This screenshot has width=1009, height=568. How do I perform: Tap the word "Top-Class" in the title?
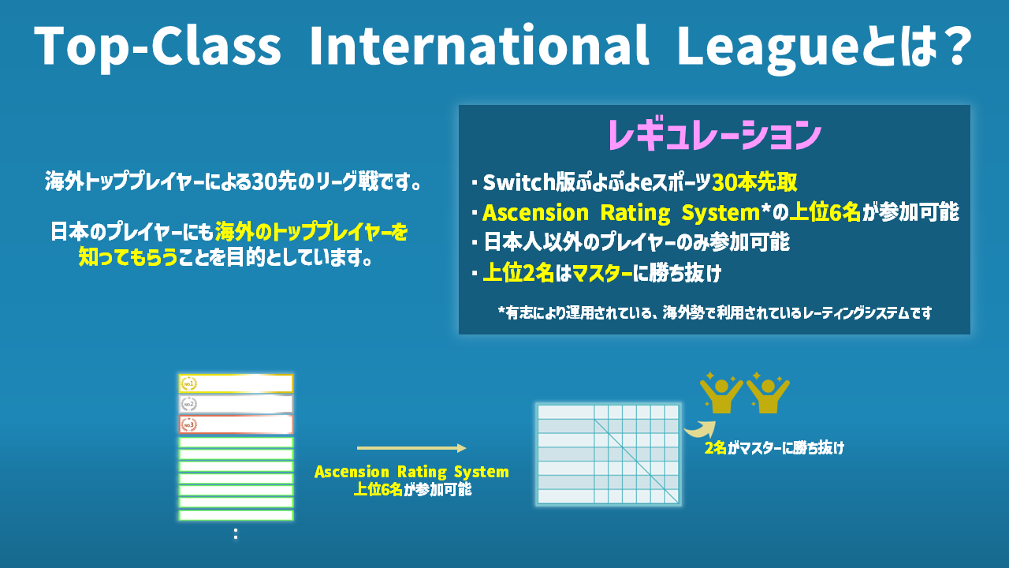coord(158,47)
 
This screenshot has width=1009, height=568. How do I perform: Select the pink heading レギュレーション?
coord(714,134)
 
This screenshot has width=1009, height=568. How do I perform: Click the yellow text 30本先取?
coord(754,182)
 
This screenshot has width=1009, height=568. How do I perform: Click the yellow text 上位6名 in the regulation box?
coord(825,212)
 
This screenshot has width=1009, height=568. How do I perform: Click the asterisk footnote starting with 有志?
coord(714,312)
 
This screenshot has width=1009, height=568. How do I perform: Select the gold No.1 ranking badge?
coord(188,383)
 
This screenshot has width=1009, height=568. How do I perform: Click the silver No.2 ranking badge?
coord(188,405)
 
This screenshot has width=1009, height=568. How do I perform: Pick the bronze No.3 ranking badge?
coord(188,424)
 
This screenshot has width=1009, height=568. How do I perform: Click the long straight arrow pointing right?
coord(411,447)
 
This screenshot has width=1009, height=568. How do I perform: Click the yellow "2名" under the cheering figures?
coord(715,447)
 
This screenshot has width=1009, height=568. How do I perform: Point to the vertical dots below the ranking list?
coord(236,534)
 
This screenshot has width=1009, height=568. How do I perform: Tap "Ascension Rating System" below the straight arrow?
coord(411,472)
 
